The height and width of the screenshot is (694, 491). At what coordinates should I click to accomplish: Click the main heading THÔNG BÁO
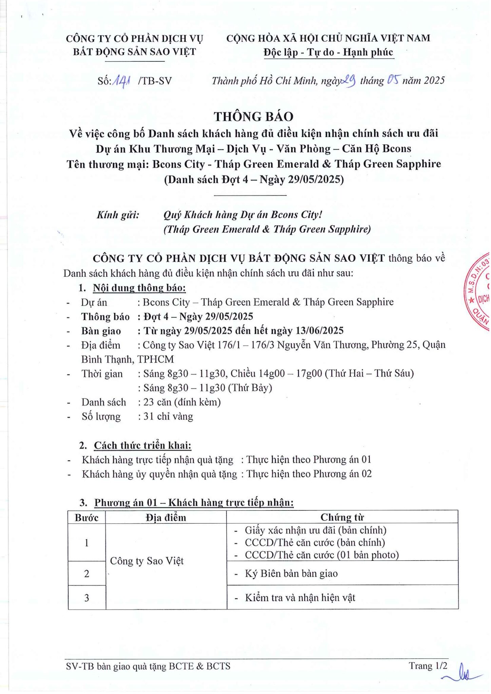(x=253, y=117)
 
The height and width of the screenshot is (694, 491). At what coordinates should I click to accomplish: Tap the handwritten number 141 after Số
(x=122, y=81)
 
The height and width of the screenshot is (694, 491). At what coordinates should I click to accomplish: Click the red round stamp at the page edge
(x=478, y=292)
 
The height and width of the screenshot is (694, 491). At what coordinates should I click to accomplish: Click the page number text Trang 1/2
(x=428, y=666)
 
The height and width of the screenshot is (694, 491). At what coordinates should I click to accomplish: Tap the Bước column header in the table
(x=86, y=517)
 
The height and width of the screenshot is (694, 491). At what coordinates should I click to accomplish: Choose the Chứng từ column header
(x=342, y=517)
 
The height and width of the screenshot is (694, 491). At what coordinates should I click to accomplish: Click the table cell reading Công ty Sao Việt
(x=147, y=561)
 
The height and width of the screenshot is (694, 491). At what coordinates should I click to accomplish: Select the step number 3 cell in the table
(x=86, y=597)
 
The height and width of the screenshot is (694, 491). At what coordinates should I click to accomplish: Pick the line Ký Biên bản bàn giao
(x=291, y=573)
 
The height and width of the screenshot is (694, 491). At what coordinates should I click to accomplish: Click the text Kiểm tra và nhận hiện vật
(x=300, y=597)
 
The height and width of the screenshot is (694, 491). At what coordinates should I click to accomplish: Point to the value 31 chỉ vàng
(x=168, y=416)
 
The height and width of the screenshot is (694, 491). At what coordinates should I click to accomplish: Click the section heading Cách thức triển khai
(x=142, y=445)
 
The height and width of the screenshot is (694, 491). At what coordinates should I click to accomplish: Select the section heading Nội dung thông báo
(x=139, y=288)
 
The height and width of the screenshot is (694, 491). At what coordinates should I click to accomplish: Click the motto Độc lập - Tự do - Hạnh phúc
(x=328, y=52)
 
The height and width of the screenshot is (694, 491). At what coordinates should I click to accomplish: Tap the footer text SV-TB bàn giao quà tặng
(x=148, y=666)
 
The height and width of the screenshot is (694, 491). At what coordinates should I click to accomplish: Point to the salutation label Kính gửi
(x=118, y=215)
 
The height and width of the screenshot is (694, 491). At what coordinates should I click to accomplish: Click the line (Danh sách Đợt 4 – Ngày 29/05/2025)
(x=254, y=179)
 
